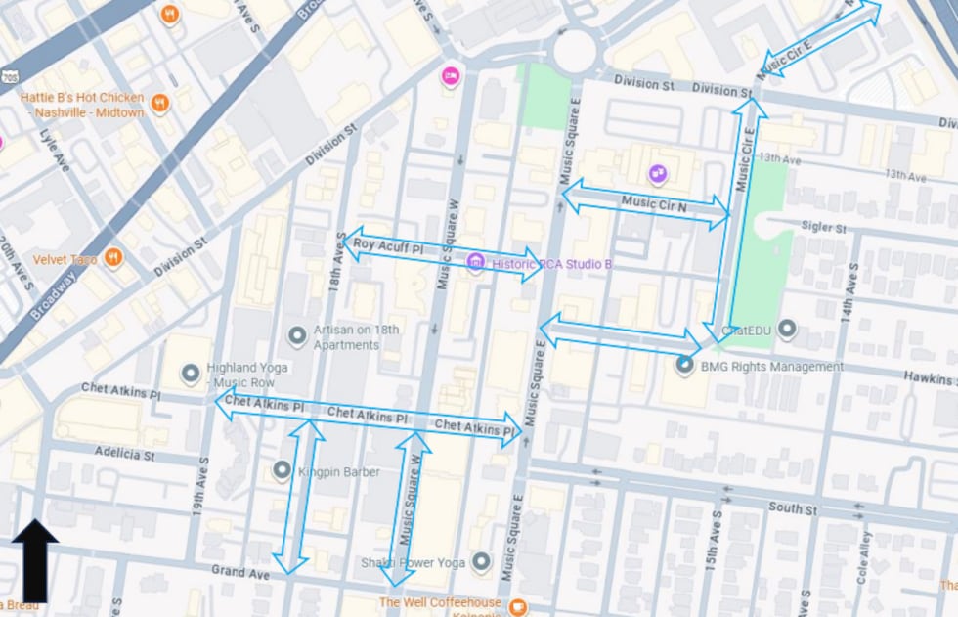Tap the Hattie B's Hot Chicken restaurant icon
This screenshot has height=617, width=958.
160,102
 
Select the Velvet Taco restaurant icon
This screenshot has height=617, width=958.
114,259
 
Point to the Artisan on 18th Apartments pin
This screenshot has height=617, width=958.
297,336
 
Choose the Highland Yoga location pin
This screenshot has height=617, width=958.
191,374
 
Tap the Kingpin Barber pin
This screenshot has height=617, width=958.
283,471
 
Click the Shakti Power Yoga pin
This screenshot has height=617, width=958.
480,561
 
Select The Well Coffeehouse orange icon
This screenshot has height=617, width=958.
518,605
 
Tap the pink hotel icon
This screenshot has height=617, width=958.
450,75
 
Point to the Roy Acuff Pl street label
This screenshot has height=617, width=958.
387,245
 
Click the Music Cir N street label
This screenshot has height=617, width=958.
654,204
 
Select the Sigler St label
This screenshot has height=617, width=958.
823,227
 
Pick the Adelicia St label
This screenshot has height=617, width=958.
124,454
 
